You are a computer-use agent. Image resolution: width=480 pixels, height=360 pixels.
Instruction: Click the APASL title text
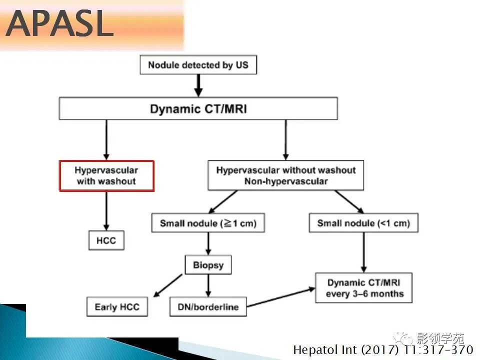click(59, 23)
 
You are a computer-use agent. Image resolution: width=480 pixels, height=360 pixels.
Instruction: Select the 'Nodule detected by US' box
click(198, 65)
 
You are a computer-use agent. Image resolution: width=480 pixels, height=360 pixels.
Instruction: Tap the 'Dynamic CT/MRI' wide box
click(198, 108)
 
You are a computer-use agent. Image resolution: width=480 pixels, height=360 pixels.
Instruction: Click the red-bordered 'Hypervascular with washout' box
click(106, 175)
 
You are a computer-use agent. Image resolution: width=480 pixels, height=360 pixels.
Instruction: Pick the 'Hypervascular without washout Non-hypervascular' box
click(286, 175)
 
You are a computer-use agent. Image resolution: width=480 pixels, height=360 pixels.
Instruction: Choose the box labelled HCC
click(106, 240)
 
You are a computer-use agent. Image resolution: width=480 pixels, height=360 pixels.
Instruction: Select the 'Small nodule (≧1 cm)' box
click(208, 223)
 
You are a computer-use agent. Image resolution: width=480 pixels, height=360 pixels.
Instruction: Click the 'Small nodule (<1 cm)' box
click(363, 223)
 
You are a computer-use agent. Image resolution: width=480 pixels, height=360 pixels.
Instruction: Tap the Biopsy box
click(208, 265)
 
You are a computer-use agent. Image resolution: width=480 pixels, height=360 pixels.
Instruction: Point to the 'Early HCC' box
click(117, 306)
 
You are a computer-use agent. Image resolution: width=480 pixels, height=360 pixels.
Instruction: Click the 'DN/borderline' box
click(208, 306)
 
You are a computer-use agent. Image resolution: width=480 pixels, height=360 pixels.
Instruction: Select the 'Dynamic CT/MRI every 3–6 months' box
click(364, 288)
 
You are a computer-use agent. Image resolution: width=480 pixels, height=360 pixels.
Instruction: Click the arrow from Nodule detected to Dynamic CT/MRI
click(198, 85)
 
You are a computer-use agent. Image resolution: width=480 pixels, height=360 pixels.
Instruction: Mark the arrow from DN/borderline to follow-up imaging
click(281, 297)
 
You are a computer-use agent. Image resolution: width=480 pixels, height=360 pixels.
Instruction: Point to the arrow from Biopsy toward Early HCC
click(168, 285)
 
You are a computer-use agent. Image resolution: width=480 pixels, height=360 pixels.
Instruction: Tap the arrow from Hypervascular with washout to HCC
click(106, 211)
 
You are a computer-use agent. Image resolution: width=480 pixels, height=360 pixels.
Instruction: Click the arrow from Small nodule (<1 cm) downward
click(363, 252)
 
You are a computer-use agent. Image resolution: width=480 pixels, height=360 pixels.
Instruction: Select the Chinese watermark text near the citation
click(429, 338)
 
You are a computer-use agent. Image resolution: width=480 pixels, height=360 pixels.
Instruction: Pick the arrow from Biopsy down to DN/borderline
click(208, 285)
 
